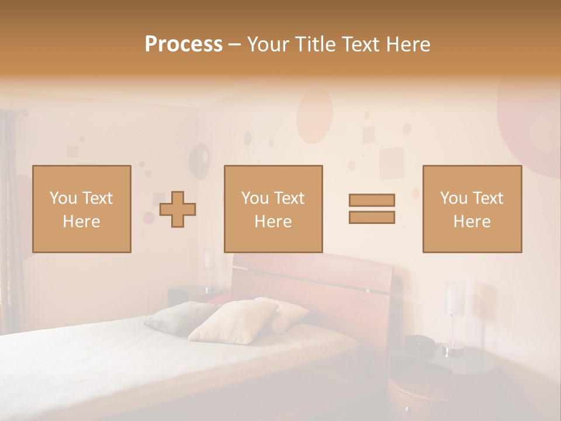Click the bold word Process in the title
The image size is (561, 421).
183,44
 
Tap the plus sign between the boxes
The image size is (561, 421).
178,209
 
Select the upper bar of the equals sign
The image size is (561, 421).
372,201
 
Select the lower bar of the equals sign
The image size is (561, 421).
372,218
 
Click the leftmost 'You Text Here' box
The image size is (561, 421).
82,209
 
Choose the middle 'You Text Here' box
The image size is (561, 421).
273,209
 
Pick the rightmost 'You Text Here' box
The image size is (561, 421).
472,209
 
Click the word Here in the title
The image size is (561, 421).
407,44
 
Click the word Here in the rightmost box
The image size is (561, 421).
472,222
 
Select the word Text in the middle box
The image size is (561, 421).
288,198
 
